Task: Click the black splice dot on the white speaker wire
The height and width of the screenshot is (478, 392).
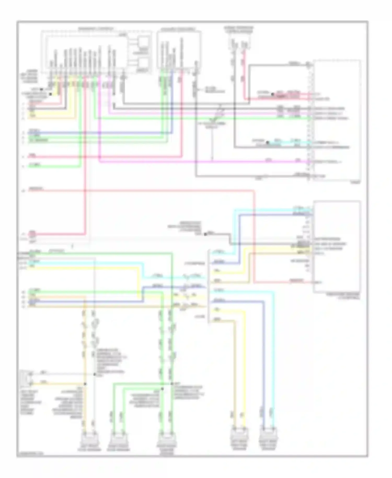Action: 94,374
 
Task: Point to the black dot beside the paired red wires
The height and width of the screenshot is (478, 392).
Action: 272,94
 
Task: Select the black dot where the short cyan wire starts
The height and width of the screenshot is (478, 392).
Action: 267,143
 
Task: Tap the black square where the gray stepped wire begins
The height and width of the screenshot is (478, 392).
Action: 205,234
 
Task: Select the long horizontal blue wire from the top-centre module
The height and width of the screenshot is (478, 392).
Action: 99,133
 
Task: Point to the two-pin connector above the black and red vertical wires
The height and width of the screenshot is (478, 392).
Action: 239,43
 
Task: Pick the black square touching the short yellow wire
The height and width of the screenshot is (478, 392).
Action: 50,94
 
